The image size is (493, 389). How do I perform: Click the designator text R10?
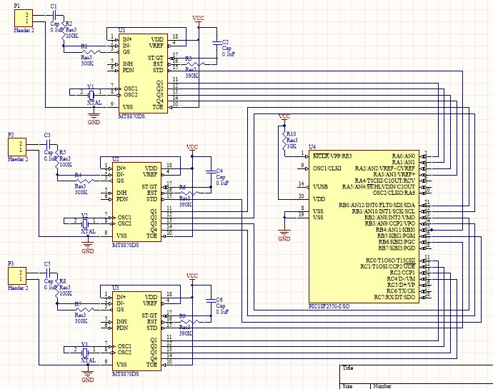coord(291,133)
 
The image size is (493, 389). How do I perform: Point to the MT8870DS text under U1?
coord(130,116)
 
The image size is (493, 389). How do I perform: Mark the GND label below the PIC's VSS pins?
coord(284,239)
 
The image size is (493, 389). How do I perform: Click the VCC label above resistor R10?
coord(284,116)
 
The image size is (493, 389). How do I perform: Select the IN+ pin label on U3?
coord(121,296)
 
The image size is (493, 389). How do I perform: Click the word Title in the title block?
coord(348,368)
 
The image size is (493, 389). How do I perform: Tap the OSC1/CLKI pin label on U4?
coord(326,168)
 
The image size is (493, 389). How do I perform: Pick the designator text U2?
coord(116,158)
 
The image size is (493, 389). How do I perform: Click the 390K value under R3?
coord(191,75)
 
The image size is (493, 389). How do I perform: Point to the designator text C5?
coord(47,264)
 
